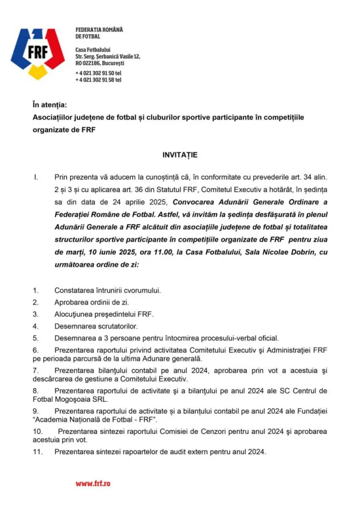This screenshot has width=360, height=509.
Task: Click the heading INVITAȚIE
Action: [x=179, y=155]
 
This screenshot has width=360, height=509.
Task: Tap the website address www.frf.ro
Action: [x=93, y=483]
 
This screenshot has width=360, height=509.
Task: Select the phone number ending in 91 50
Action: [x=98, y=73]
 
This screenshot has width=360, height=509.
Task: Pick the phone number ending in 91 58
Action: [x=98, y=80]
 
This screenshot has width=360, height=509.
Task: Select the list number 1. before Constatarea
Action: [x=36, y=290]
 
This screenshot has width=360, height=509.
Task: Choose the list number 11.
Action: [x=37, y=452]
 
